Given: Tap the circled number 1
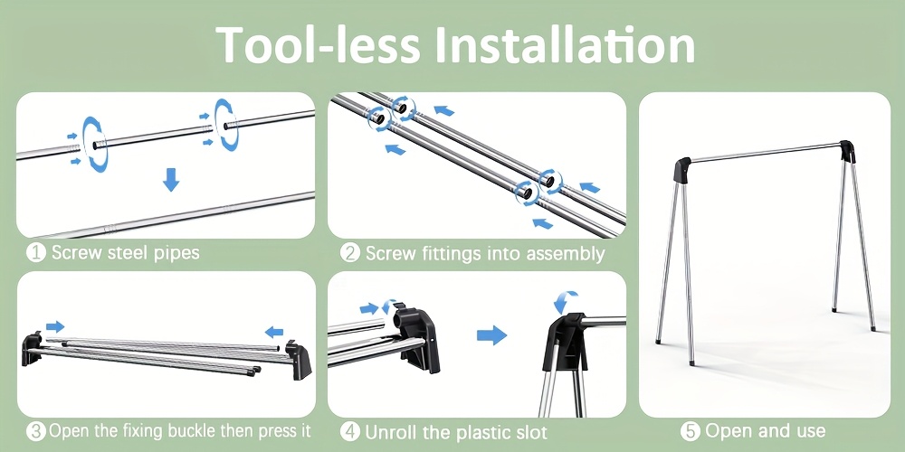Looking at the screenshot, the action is coord(36,253).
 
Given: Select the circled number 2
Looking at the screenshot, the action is coord(349,253).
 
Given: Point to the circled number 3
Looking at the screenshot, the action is coord(36,431).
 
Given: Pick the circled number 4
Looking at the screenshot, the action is coord(349,431).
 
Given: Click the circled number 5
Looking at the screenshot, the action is coord(691,430).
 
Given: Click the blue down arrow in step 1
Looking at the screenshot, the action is coord(171,180).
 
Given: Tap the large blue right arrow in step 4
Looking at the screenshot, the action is coord(491,335).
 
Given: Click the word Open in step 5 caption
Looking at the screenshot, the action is coord(725,430).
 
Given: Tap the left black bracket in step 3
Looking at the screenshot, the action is coord(33,348).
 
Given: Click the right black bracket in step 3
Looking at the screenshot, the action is coord(299,361).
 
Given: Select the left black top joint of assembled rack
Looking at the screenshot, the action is coord(681,170).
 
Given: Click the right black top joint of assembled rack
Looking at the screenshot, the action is coord(848,151).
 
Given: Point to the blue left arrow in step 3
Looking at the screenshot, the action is coord(274,332).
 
